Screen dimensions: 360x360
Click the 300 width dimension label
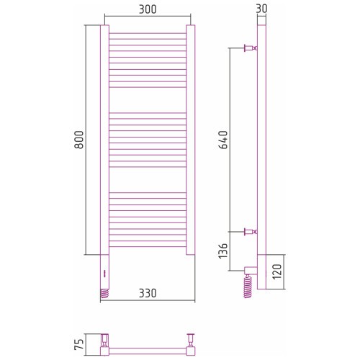(148, 9)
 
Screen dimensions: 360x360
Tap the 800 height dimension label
(79, 140)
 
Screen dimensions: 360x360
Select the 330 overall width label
(148, 293)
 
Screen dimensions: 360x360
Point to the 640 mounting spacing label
(223, 140)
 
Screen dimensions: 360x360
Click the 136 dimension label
(223, 251)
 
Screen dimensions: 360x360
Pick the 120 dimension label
(277, 271)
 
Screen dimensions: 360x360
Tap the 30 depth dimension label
(261, 9)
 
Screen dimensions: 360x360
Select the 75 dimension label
(79, 344)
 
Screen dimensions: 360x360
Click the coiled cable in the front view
(104, 293)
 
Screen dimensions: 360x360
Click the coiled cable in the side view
(248, 287)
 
